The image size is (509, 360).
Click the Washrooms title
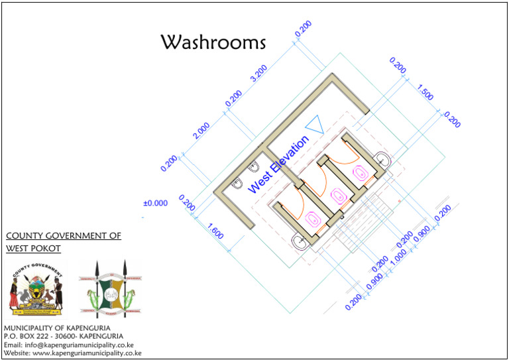pos(213,42)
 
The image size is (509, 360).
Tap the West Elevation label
pos(278,164)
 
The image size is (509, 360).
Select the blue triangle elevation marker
pos(313,125)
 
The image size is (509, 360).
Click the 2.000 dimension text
pos(201,131)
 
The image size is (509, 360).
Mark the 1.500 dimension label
pos(425,92)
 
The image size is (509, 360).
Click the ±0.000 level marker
pos(156,204)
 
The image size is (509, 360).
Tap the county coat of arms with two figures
pos(38,289)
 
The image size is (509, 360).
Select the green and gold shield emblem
pos(110,289)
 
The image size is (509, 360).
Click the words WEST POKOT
pos(33,249)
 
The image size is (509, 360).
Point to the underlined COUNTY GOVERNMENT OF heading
pos(63,236)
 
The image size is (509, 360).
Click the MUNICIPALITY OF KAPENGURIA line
pos(57,328)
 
